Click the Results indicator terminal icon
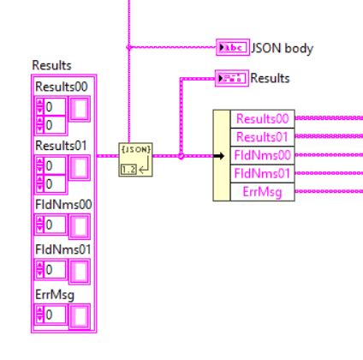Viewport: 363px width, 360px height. tap(231, 78)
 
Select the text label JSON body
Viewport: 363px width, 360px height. tap(281, 48)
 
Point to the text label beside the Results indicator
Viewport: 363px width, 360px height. tap(270, 78)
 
